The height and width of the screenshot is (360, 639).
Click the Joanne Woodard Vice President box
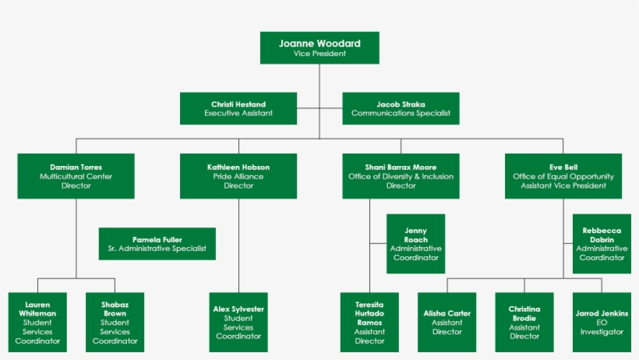pyautogui.click(x=319, y=48)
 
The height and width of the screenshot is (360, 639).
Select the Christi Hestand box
pyautogui.click(x=238, y=108)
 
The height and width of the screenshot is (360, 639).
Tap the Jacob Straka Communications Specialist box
pyautogui.click(x=401, y=108)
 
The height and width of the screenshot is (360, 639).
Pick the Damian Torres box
pyautogui.click(x=76, y=176)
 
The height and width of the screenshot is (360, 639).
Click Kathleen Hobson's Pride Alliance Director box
pyautogui.click(x=238, y=176)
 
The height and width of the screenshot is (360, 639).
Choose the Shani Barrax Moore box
pyautogui.click(x=401, y=176)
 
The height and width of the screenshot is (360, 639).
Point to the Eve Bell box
pyautogui.click(x=563, y=176)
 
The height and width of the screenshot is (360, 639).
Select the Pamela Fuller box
pyautogui.click(x=157, y=244)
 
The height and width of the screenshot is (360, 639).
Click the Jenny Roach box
pyautogui.click(x=415, y=244)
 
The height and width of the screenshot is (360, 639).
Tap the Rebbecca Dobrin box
pyautogui.click(x=602, y=244)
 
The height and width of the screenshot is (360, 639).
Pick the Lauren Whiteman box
pyautogui.click(x=37, y=322)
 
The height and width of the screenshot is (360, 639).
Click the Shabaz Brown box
pyautogui.click(x=115, y=322)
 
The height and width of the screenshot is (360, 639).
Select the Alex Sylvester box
pyautogui.click(x=238, y=322)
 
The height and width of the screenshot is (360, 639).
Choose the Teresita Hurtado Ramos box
pyautogui.click(x=369, y=322)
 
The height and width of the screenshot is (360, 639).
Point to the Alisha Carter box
pyautogui.click(x=447, y=322)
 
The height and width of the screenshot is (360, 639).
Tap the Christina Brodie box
pyautogui.click(x=524, y=322)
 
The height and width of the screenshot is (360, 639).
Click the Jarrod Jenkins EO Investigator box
pyautogui.click(x=602, y=322)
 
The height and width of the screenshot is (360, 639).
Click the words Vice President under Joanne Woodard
pyautogui.click(x=319, y=54)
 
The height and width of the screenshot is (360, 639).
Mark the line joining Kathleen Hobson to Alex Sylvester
pyautogui.click(x=238, y=245)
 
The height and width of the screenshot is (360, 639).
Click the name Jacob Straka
pyautogui.click(x=401, y=104)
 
